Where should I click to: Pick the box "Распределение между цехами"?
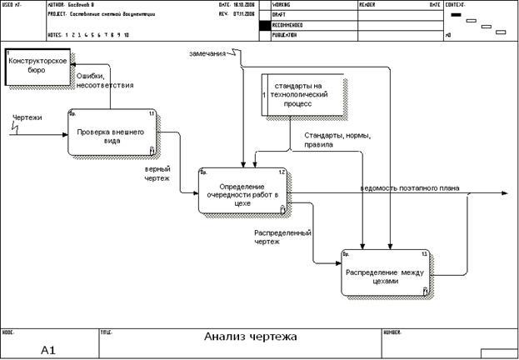pos(387,272)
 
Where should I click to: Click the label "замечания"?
pos(208,54)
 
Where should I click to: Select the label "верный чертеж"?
pos(157,172)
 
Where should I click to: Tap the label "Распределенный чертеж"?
pos(277,237)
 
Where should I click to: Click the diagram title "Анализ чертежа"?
pos(251,337)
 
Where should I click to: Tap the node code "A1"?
pos(48,351)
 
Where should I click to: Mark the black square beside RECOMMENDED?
pos(265,25)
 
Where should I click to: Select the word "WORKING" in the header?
pos(283,5)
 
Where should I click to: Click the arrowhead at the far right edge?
pos(504,194)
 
